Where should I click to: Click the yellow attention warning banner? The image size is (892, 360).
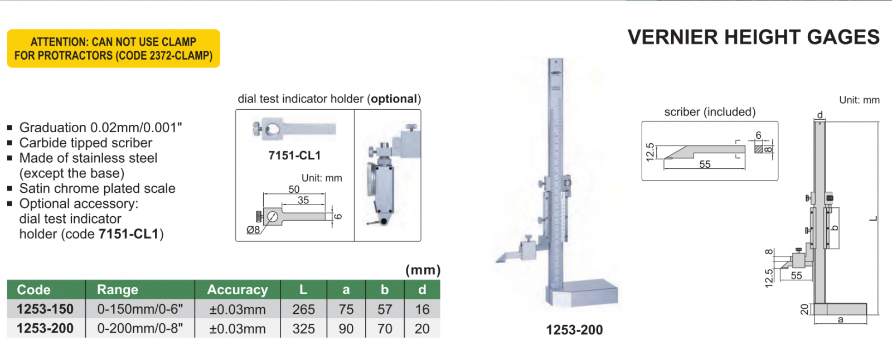pos(114,48)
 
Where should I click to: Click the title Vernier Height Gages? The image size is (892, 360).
pos(753,37)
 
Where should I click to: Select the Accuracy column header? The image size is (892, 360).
pos(237,290)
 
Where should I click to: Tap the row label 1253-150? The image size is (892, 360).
pos(45,309)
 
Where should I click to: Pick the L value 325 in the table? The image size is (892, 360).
pos(303,329)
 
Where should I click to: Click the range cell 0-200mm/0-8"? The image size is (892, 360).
pos(140,329)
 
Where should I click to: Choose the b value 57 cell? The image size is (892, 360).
pos(385,309)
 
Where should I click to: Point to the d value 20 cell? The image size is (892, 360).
pos(422,329)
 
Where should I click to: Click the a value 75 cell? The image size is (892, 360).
pos(346,309)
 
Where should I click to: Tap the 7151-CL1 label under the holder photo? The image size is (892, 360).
pos(294,155)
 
